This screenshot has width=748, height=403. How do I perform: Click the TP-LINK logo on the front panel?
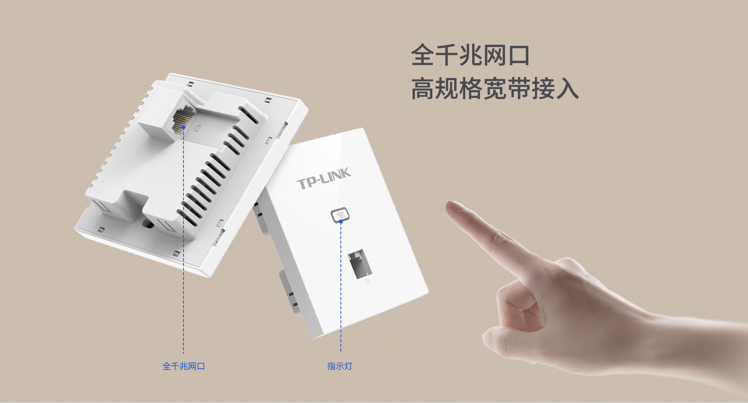(x=324, y=179)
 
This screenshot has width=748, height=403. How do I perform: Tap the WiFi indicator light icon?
(x=340, y=215)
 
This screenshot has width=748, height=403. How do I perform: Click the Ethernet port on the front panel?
(x=360, y=264)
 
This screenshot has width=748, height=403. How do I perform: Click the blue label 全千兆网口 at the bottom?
(x=183, y=366)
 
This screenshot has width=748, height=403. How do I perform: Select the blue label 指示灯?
(x=340, y=366)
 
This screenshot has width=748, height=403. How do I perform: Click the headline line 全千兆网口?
(x=470, y=55)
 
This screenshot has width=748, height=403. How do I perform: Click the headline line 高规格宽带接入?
(x=495, y=88)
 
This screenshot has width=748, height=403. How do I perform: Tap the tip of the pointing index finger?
(x=450, y=204)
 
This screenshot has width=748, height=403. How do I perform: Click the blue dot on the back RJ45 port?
(x=183, y=127)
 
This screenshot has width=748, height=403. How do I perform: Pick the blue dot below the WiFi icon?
(x=341, y=222)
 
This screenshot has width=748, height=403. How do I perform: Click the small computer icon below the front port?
(x=367, y=281)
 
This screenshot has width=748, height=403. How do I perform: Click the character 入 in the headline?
(x=567, y=88)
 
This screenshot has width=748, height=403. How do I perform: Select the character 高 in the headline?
(x=423, y=88)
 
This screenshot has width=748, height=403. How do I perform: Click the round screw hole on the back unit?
(x=148, y=224)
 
